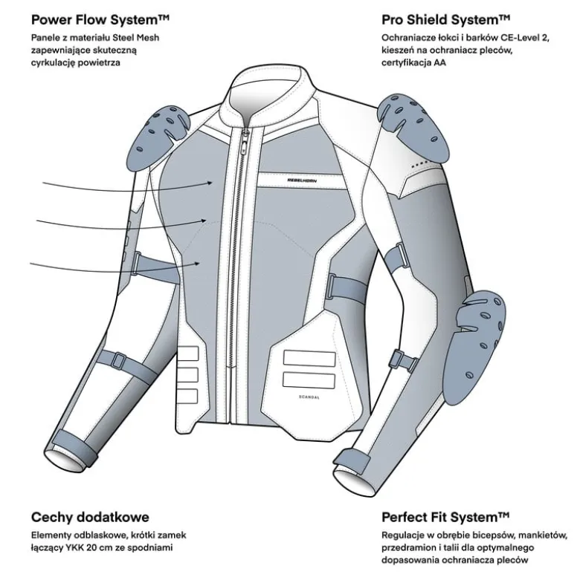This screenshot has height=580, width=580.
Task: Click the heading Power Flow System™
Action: (100, 20)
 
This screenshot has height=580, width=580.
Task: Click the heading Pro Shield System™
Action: (445, 20)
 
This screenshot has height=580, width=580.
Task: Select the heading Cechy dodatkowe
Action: (90, 517)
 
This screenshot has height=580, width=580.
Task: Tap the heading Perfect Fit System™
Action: (445, 517)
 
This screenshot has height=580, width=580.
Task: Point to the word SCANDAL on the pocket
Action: (309, 397)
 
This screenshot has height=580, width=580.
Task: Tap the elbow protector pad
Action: (474, 346)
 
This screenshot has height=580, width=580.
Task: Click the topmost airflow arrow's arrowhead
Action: (210, 183)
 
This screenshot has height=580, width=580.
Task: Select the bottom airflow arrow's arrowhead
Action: (198, 264)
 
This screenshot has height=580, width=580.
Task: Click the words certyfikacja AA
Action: (413, 62)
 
